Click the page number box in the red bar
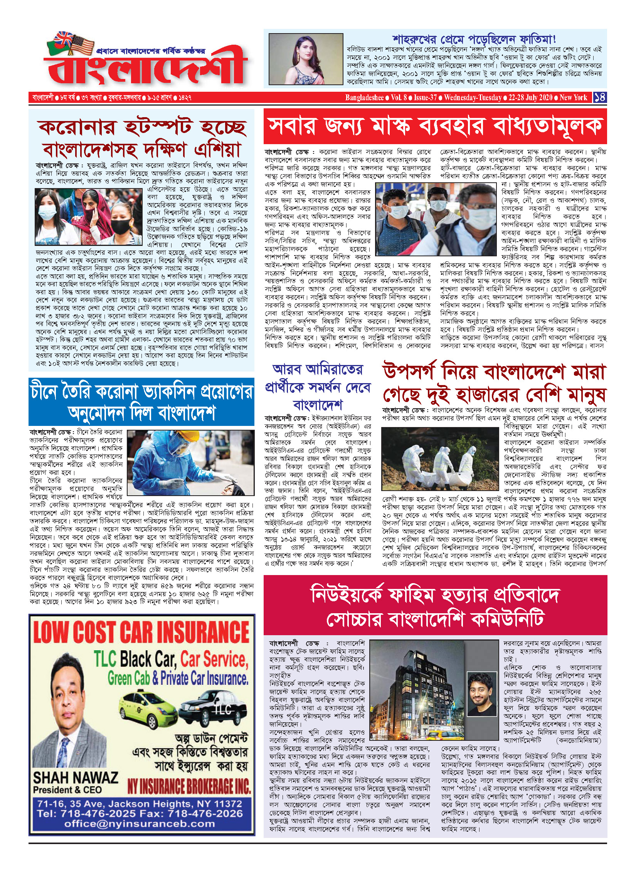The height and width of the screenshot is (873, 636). coord(600,97)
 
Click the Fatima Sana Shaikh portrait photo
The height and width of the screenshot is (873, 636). coord(306,59)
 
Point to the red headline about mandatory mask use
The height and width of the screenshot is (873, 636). coord(435,126)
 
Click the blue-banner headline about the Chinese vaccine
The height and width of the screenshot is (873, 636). coord(141,402)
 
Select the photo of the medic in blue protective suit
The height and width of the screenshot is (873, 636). coord(190,463)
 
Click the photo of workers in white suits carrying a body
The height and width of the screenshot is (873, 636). coord(440,458)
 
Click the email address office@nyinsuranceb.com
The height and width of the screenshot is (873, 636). coord(140,824)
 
